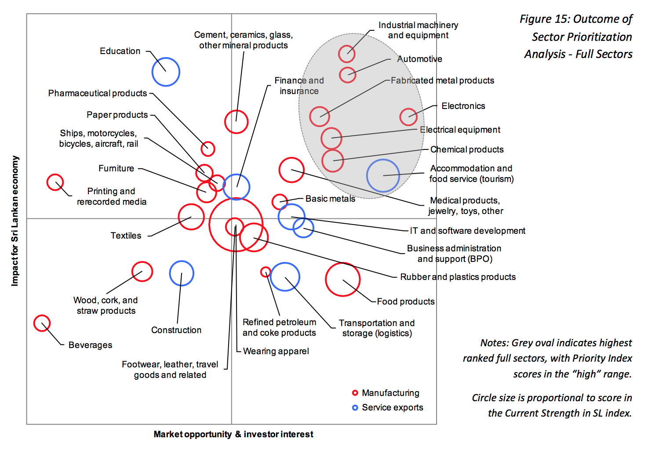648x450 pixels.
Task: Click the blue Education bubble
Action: (x=166, y=72)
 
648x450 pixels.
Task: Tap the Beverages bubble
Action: (x=42, y=323)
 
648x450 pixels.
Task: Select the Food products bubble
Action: (x=342, y=279)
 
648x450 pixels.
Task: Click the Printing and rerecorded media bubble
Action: (x=55, y=182)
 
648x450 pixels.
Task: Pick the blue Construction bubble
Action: (x=182, y=273)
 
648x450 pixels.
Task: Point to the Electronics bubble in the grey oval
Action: (x=408, y=117)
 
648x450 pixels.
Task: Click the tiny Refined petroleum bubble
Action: (x=266, y=272)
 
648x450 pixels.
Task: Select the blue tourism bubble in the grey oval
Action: (x=383, y=176)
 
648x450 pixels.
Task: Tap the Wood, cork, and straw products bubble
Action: (x=142, y=272)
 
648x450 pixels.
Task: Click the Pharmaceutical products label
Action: (x=98, y=93)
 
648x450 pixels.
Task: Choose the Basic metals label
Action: (x=330, y=199)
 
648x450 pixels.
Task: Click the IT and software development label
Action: (x=467, y=231)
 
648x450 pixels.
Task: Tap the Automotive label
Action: (x=419, y=59)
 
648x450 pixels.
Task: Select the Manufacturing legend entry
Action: (x=390, y=393)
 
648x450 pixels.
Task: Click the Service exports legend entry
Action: (x=392, y=407)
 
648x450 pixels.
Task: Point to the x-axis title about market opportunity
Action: (x=233, y=434)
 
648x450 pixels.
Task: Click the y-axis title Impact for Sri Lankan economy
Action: (x=15, y=221)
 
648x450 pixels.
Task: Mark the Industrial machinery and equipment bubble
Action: (x=347, y=54)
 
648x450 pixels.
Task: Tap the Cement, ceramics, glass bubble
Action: (x=236, y=122)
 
